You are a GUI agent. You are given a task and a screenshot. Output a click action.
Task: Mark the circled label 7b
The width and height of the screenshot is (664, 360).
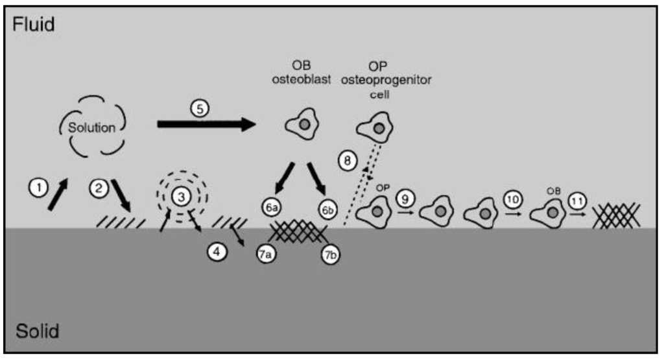click(333, 254)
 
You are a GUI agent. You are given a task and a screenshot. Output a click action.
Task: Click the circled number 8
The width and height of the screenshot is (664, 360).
click(348, 160)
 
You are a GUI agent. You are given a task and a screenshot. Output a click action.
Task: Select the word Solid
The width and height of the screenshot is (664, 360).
click(35, 332)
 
